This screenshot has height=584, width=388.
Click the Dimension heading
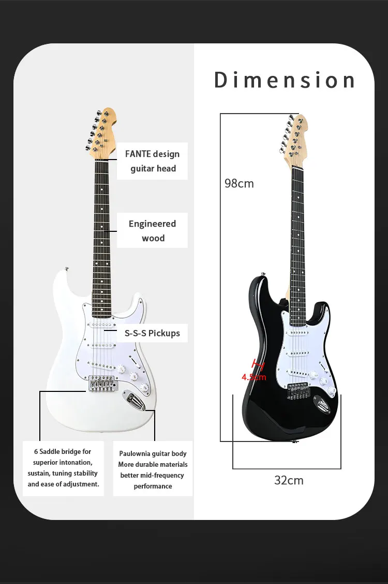[285, 81]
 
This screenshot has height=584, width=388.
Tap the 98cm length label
[239, 183]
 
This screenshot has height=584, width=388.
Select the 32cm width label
[289, 480]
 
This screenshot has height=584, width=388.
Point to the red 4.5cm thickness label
[254, 377]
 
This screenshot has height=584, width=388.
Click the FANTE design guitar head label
[152, 161]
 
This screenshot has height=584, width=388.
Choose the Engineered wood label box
[152, 231]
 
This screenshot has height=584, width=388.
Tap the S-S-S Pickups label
[152, 333]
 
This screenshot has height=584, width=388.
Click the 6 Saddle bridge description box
[63, 468]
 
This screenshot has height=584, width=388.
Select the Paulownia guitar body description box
[153, 469]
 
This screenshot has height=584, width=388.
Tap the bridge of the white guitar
[102, 383]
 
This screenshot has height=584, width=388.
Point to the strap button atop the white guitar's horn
[66, 269]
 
